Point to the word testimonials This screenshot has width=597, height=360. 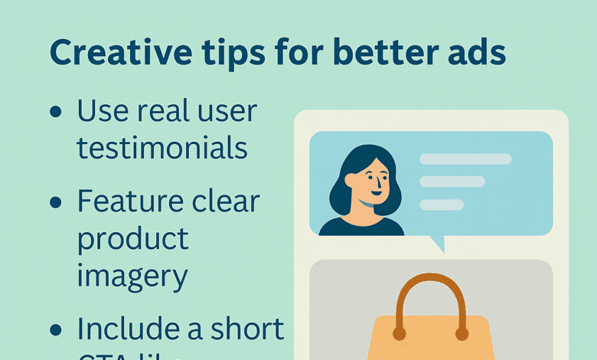[x=162, y=147]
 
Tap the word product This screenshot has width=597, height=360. [x=132, y=238]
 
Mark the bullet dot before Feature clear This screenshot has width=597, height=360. [x=55, y=204]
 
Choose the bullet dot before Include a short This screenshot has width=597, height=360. [x=55, y=330]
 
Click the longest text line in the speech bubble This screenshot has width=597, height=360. [x=465, y=159]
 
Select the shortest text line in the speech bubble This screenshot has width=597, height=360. [x=442, y=205]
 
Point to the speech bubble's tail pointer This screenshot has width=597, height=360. [x=437, y=244]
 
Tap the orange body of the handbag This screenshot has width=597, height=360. [x=430, y=341]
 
